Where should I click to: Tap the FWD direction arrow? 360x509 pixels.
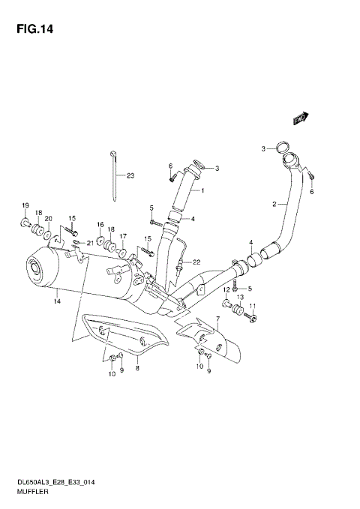tap(298, 117)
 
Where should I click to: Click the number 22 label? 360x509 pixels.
tap(196, 261)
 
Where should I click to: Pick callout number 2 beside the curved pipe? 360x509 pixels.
tap(275, 204)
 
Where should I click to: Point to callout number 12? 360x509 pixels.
tap(226, 289)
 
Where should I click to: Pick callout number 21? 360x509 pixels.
tap(90, 243)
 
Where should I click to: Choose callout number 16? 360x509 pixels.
tap(99, 224)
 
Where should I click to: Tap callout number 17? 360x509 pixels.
tap(124, 236)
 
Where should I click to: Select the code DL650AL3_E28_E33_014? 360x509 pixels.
tap(49, 483)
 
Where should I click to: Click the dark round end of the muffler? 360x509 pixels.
tap(35, 268)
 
